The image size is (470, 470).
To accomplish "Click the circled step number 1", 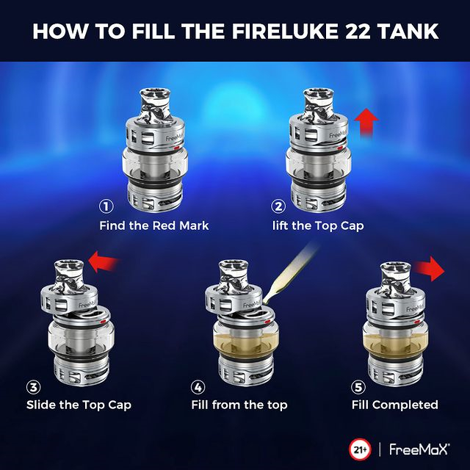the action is tap(106, 206).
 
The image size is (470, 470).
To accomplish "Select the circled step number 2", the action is tap(278, 206).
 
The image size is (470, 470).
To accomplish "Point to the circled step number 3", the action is tap(34, 387).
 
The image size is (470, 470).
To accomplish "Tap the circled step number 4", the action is tap(198, 387).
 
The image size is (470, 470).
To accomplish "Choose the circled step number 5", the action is tap(358, 387).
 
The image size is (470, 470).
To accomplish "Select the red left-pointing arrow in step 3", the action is tap(104, 261).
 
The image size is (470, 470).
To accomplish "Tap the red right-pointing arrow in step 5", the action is tap(430, 269).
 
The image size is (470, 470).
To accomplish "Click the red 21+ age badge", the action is tap(360, 450).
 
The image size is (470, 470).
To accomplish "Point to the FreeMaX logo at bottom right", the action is tap(419, 450).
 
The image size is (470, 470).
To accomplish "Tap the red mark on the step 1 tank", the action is tap(176, 148).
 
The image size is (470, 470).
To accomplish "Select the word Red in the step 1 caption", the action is tap(164, 225).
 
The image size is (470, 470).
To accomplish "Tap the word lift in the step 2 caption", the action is tap(281, 225).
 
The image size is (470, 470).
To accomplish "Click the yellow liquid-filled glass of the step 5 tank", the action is tap(395, 341).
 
